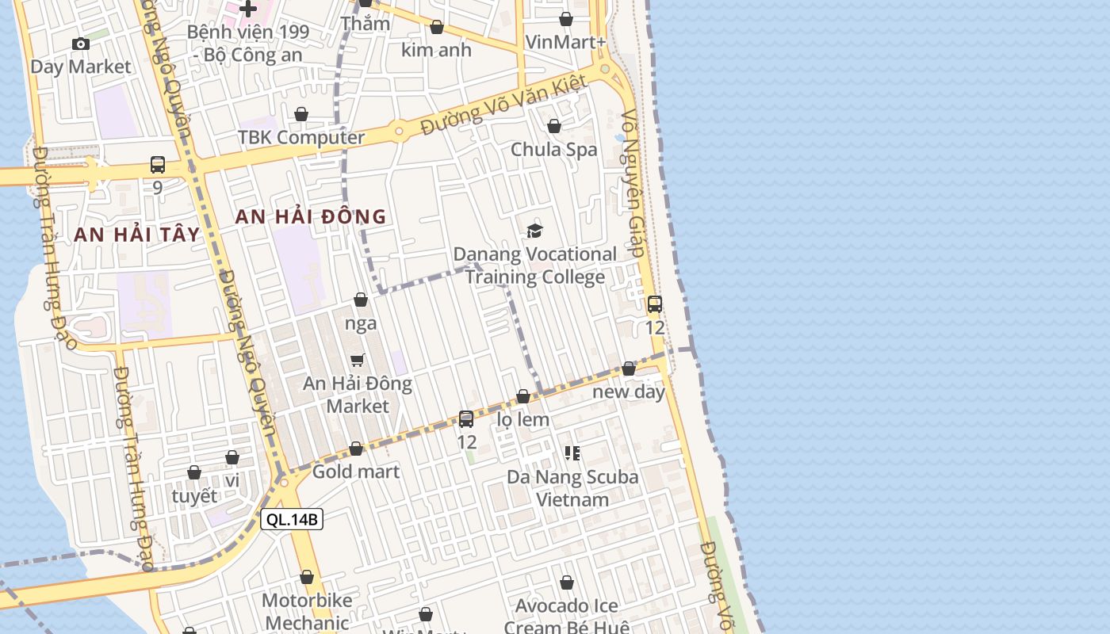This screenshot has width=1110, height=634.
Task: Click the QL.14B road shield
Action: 292,520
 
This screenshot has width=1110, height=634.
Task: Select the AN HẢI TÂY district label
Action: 137,235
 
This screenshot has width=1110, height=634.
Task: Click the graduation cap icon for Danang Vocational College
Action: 535,231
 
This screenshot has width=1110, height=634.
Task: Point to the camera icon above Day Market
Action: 80,44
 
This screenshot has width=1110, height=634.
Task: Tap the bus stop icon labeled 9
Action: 158,165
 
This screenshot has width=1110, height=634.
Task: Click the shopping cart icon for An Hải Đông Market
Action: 358,361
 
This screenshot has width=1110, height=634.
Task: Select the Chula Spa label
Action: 553,149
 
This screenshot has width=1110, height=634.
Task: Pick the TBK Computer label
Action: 301,137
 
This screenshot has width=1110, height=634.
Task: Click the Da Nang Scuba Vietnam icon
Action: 572,453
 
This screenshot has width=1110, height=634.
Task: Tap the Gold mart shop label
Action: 356,472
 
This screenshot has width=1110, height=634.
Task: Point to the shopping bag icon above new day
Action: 629,369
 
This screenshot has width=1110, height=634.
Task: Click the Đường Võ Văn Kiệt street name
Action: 503,104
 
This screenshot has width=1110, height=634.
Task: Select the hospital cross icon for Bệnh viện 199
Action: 248,10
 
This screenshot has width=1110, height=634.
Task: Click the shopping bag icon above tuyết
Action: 194,473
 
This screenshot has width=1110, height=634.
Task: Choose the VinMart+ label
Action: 566,42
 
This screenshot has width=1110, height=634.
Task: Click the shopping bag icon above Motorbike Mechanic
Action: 307,578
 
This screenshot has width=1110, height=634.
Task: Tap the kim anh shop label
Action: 436,50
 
